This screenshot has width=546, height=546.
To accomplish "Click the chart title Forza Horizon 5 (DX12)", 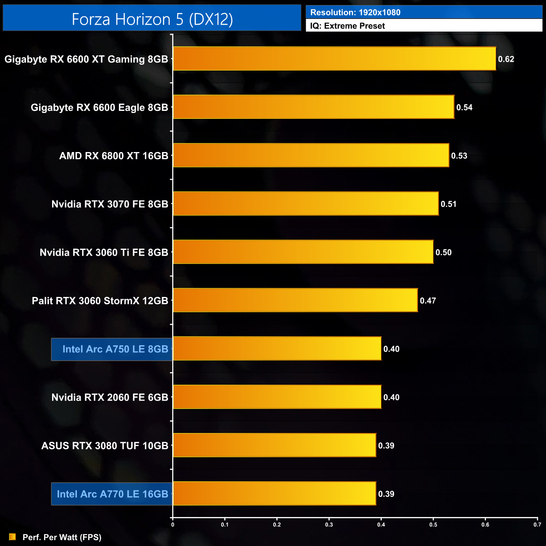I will pos(152,19).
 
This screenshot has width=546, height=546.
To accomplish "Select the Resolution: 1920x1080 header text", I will pos(355,13).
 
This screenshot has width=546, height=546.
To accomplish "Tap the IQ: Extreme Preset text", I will pos(347,26).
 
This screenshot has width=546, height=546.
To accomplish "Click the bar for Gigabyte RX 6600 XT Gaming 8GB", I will pos(334,59).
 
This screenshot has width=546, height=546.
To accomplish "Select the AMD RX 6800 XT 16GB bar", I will pos(311,155).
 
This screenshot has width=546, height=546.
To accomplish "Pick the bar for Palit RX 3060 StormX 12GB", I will pos(295,300).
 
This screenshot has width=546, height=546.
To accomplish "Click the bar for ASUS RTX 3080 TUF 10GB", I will pos(274,445).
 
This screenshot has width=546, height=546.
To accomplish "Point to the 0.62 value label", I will pos(506,59).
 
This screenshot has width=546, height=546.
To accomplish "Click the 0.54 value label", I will pos(465,108).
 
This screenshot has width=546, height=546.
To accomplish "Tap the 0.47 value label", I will pos(428,301).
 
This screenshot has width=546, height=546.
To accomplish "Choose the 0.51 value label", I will pos(449,204).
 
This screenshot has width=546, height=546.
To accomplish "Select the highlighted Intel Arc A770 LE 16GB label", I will pos(112,494).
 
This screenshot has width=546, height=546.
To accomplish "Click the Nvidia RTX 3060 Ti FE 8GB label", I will pos(104,252).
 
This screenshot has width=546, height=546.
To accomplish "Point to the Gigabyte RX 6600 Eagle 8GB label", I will pos(99,108).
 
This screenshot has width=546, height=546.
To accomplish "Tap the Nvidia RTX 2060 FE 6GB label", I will pos(110,397).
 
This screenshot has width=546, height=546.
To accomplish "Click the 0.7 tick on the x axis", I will pos(537,525).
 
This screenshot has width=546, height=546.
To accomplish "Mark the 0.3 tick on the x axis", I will pos(329,525).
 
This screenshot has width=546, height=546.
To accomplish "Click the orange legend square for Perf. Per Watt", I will pos(13,537).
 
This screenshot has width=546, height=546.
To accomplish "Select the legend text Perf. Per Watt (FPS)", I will pos(62,537).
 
